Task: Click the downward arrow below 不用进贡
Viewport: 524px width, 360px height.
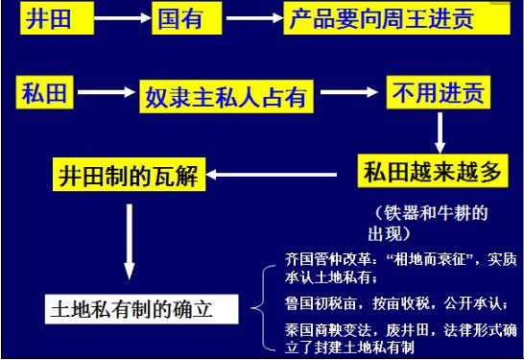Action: [440, 130]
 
